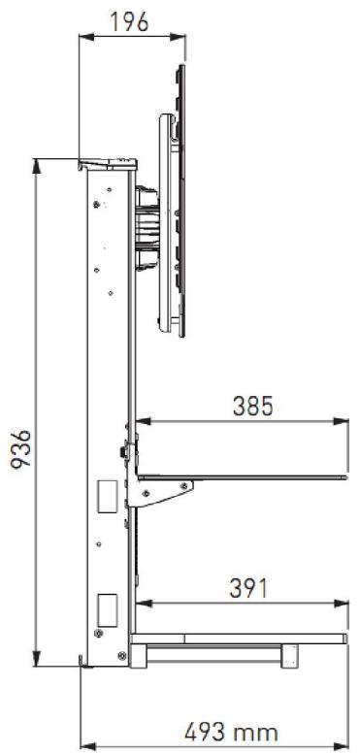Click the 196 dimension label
[131, 21]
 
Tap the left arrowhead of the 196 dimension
[83, 38]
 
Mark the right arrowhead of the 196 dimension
[180, 38]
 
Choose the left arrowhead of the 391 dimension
[140, 604]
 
